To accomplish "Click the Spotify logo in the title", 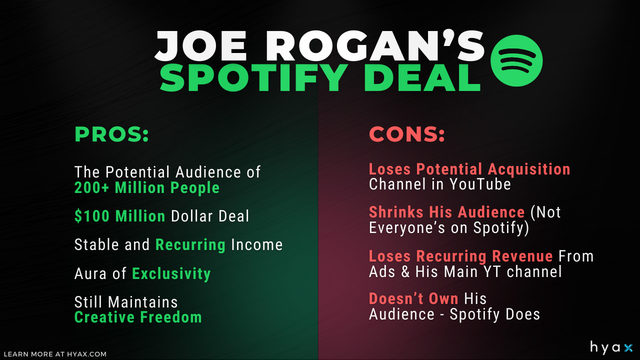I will (516, 61).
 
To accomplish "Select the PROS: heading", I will (111, 134).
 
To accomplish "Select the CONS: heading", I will (407, 134).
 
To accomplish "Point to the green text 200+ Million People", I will (147, 188).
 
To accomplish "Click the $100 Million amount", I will (120, 216).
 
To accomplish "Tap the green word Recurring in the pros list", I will (190, 244).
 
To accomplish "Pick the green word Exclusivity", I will (171, 273).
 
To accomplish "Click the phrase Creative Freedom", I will (138, 317).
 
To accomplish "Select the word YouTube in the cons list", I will (479, 184).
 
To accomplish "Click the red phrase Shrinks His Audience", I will (446, 212).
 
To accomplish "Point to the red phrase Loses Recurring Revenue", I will (460, 256).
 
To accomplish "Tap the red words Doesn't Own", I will (413, 298).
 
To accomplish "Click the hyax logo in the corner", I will (611, 347).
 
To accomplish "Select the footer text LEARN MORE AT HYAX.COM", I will (55, 354).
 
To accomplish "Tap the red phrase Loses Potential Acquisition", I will (469, 169).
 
